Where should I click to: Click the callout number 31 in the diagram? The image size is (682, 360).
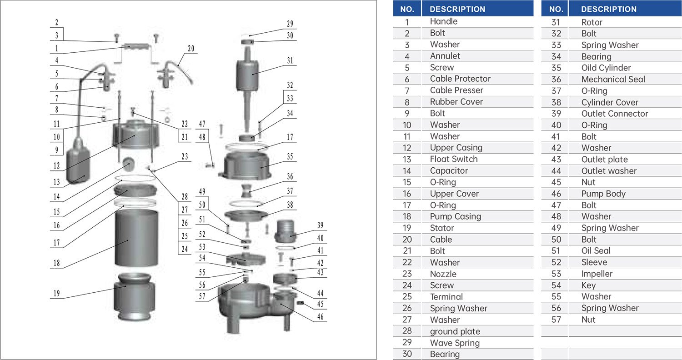290,60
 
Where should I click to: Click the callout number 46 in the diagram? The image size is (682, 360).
321,317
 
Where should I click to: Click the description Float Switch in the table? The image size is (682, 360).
454,159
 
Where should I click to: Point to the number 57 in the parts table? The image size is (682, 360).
556,320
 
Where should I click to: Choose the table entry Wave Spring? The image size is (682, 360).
455,343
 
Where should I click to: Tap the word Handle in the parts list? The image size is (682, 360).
444,21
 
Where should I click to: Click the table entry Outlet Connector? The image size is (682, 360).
615,114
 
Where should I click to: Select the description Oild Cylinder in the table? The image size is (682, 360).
606,68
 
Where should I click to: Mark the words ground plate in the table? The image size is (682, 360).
455,331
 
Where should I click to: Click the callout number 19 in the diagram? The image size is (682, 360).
56,293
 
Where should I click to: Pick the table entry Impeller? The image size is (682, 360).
597,274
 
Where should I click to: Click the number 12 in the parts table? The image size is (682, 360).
407,148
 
